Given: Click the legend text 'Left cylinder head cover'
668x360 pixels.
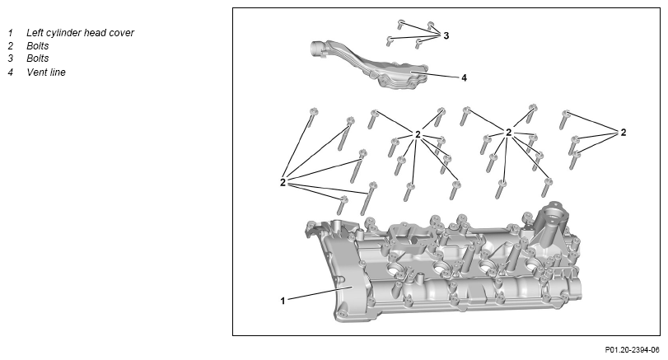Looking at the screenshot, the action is [80, 33].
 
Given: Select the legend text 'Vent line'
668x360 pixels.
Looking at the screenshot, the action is [46, 72].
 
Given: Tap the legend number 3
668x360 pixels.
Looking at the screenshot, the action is [10, 58].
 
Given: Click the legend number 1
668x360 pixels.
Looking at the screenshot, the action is [10, 33].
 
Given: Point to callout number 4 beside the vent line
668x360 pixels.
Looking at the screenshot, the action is [464, 78].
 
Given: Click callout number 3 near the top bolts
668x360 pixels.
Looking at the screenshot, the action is [446, 35].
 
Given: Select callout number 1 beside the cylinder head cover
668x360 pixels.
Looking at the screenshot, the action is [283, 301].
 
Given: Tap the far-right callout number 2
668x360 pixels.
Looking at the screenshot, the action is [624, 133].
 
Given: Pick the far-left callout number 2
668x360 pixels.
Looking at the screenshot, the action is [283, 182].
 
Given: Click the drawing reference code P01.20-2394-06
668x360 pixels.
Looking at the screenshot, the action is [632, 350].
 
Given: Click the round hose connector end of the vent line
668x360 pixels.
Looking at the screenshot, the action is [316, 48].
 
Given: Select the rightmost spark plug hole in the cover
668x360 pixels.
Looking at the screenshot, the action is [533, 266].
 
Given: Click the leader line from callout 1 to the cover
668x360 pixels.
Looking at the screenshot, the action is [320, 293].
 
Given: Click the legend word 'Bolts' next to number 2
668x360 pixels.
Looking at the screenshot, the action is [38, 46].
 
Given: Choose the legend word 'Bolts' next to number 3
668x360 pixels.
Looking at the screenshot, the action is [38, 58].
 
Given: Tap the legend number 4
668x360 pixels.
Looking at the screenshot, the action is [10, 72].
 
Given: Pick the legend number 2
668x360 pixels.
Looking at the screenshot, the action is [10, 46].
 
